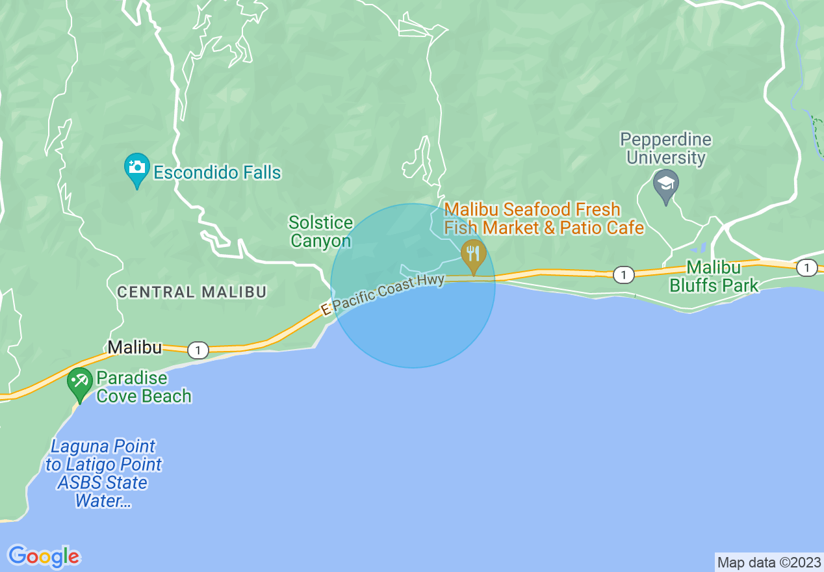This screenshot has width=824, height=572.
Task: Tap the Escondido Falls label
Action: (217, 172)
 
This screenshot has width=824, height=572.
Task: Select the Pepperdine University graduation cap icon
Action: (665, 185)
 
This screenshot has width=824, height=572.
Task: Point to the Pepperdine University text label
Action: (665, 149)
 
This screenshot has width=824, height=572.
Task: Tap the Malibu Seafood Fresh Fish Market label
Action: (544, 218)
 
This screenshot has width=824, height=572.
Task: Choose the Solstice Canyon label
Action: (320, 232)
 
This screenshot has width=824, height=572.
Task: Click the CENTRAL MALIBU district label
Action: (192, 292)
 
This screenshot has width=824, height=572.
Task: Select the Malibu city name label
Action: (135, 348)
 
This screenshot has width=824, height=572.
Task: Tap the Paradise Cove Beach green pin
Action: (80, 382)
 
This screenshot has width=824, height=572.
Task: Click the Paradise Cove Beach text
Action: (144, 387)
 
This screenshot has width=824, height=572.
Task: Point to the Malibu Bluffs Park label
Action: (714, 276)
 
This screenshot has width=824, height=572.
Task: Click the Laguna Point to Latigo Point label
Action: (103, 474)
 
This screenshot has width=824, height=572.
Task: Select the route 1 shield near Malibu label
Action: (198, 350)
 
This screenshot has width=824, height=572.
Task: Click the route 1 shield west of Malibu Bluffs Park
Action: (623, 275)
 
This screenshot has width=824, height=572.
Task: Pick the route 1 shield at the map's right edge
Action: (806, 267)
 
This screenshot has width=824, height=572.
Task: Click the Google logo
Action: (44, 556)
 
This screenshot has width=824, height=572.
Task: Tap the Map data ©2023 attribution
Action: (768, 562)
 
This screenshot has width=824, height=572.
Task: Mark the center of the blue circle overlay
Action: (413, 285)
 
